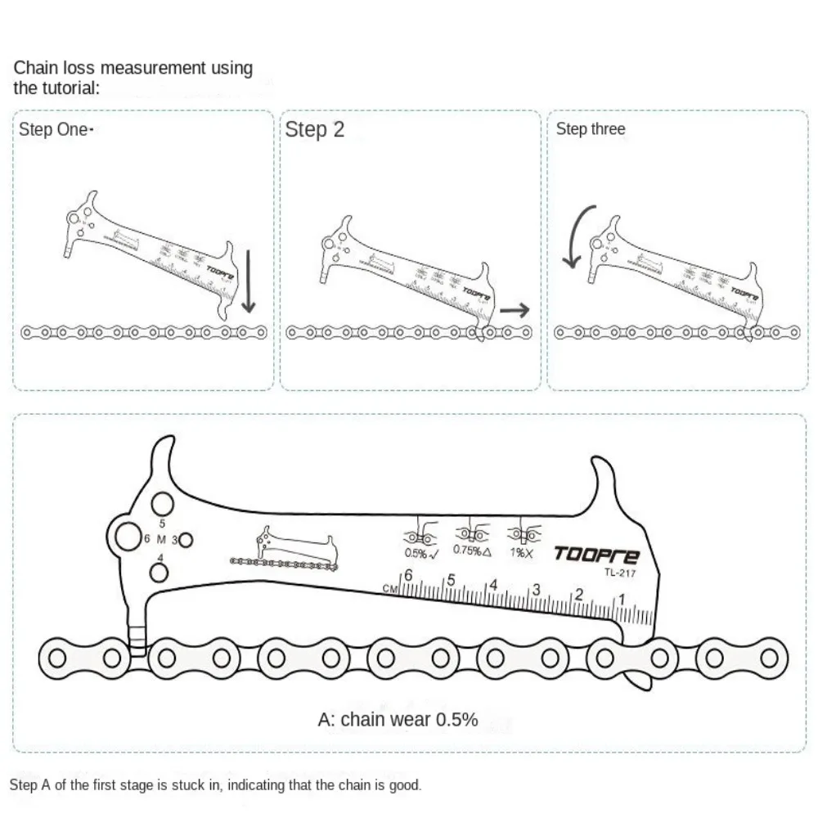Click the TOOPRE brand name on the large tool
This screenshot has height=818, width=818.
596,555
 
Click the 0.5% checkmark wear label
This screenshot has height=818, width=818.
421,553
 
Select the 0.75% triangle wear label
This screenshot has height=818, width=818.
472,551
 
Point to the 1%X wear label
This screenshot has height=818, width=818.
521,552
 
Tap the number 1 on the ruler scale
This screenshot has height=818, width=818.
622,600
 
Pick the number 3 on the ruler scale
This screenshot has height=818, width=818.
536,589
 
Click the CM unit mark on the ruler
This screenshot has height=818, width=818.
390,588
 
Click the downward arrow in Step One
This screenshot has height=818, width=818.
249,283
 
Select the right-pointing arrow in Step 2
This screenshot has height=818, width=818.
515,309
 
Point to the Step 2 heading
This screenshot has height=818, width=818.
315,130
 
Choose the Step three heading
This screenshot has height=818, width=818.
590,129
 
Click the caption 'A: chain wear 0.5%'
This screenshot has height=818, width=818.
398,720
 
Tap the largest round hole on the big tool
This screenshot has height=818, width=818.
128,537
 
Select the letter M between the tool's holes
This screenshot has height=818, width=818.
161,539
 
